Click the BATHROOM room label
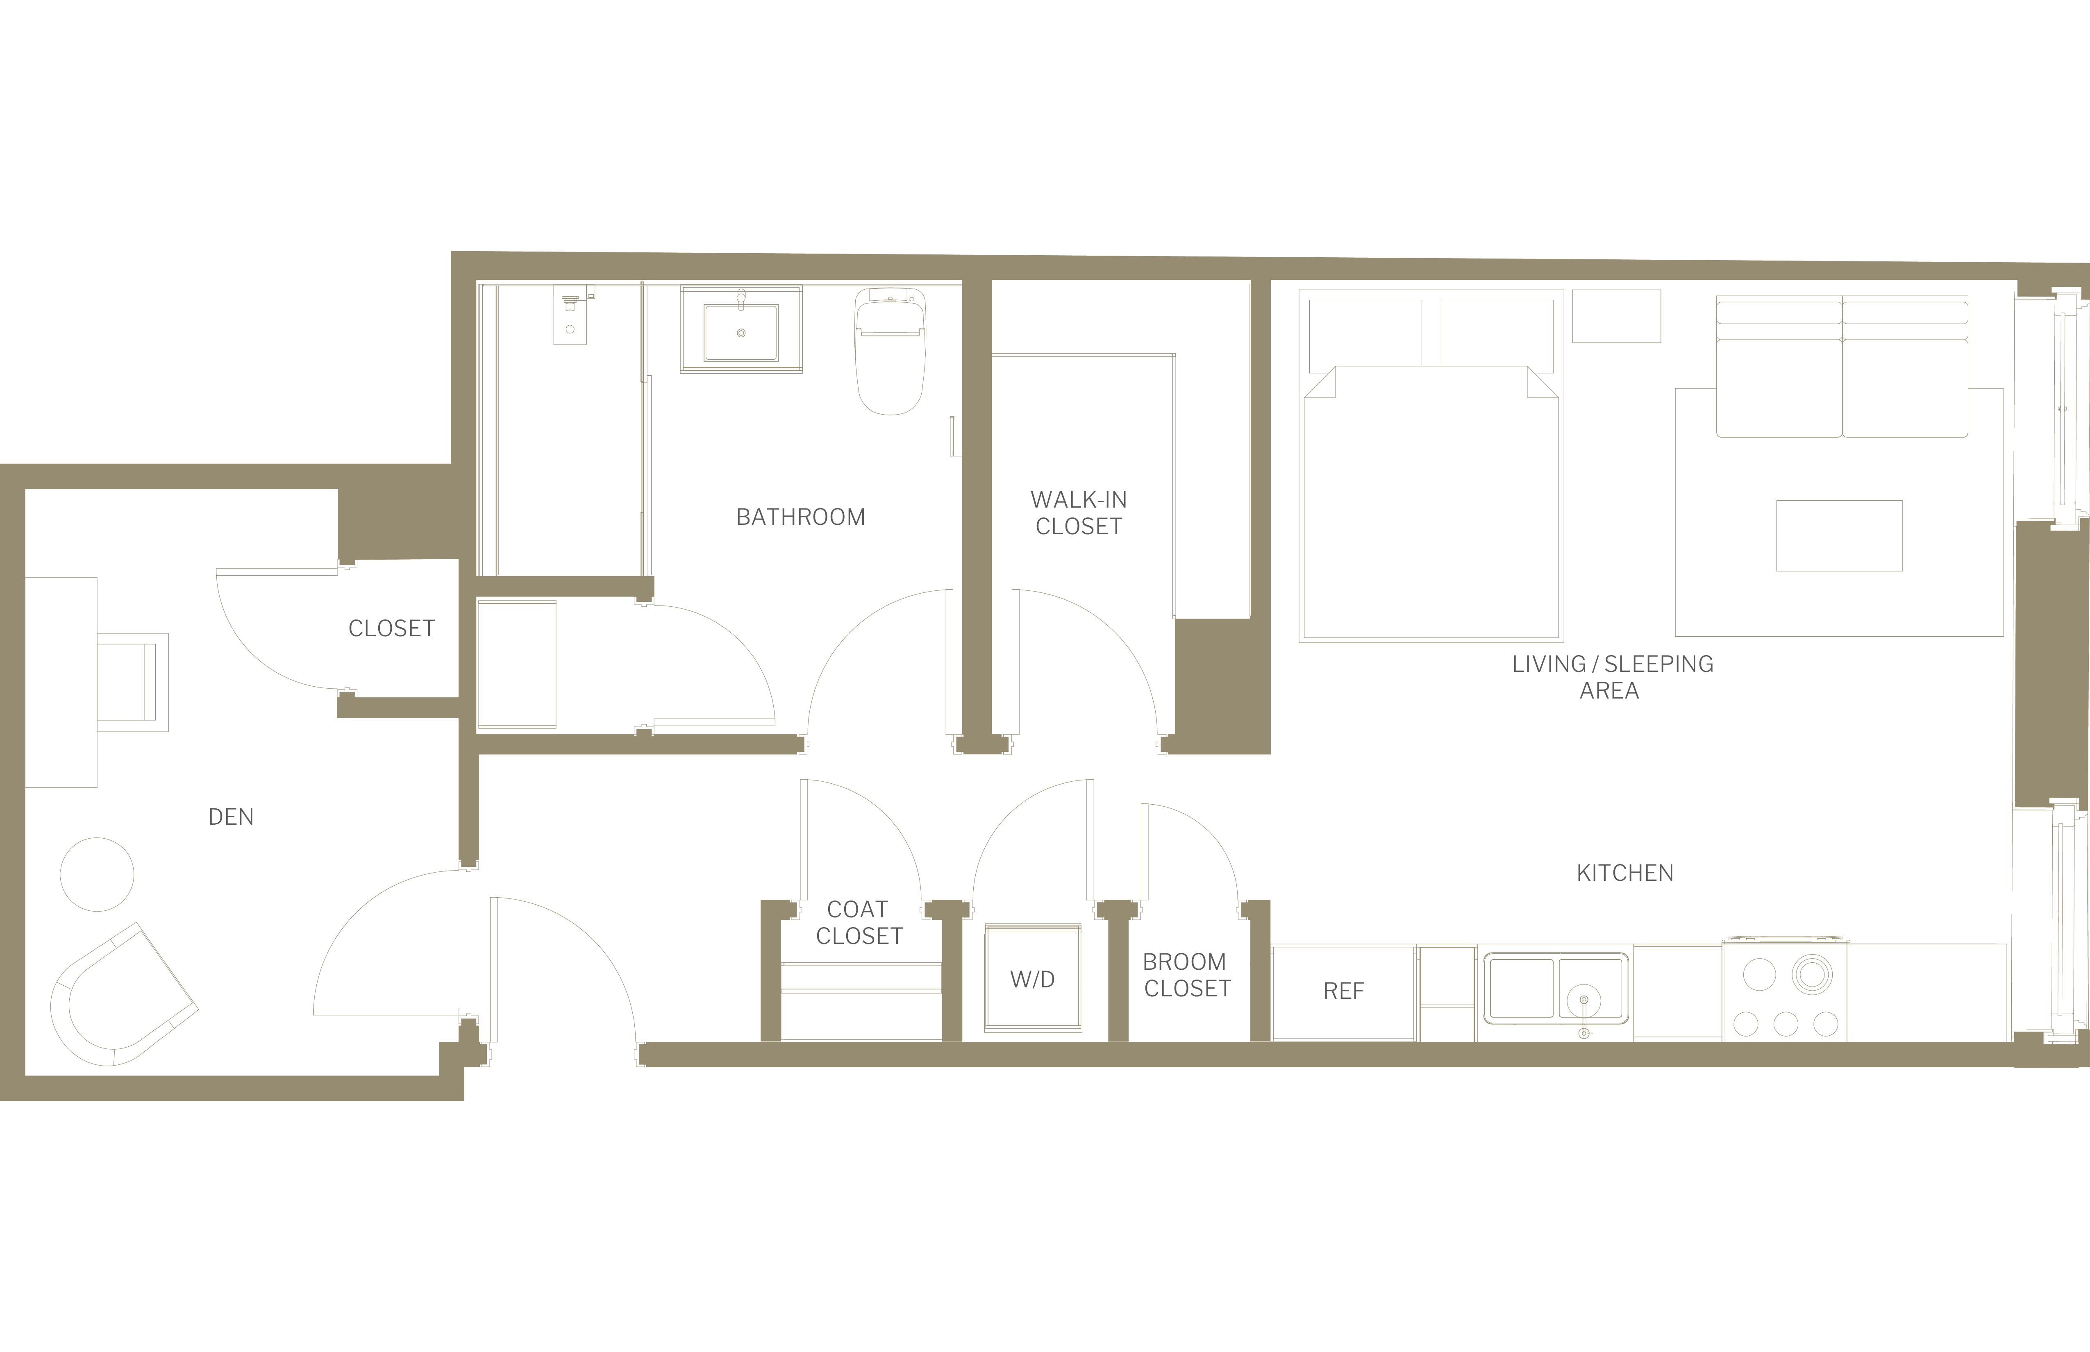click(x=800, y=517)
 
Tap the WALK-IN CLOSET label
click(x=1078, y=513)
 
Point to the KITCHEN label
click(x=1624, y=873)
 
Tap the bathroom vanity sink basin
click(x=740, y=333)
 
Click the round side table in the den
click(x=97, y=874)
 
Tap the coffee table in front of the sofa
click(x=1839, y=535)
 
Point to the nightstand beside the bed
click(x=1616, y=316)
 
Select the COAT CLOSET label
click(x=859, y=923)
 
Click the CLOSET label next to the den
click(x=392, y=628)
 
